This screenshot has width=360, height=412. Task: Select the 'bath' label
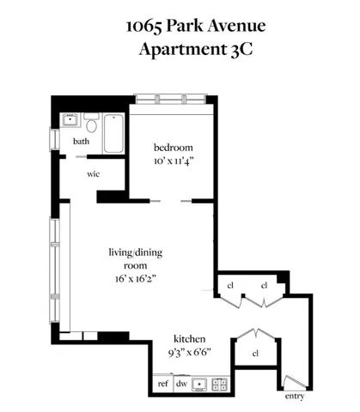coord(82,142)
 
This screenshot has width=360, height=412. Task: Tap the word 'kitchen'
coord(187,337)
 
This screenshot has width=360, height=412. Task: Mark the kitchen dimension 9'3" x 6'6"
coord(187,352)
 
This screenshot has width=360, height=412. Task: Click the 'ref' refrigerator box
coord(162,384)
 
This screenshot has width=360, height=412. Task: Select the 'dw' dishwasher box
coord(181,384)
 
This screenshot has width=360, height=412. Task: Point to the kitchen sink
coord(200,384)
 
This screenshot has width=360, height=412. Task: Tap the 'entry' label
coord(294,396)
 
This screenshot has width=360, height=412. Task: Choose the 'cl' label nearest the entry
coord(255,353)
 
